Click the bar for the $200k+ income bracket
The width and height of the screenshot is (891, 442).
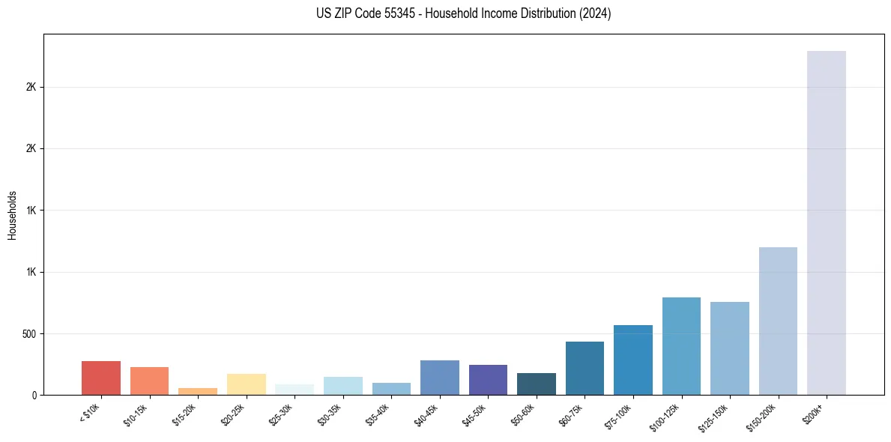click(826, 222)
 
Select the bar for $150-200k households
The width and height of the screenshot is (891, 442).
click(778, 321)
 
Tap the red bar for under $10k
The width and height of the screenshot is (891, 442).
click(101, 378)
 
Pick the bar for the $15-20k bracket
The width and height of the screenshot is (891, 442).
click(198, 391)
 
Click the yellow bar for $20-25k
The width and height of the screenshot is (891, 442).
click(247, 384)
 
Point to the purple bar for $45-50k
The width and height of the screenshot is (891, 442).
click(488, 379)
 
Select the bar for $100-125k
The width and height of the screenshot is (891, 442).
click(681, 345)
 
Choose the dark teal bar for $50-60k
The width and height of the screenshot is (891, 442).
click(537, 384)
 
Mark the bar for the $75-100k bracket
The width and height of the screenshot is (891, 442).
click(633, 360)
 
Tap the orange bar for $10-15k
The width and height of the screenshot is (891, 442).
click(149, 381)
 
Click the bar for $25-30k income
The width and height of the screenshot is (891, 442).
click(295, 390)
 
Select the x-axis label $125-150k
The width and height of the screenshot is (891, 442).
click(714, 415)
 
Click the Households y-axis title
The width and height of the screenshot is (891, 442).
click(12, 215)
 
